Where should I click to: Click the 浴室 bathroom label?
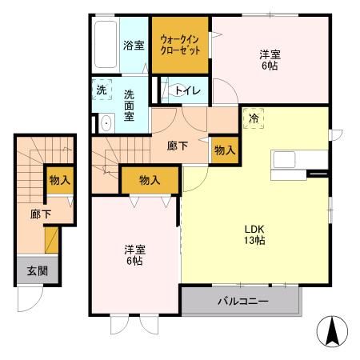pyautogui.click(x=133, y=45)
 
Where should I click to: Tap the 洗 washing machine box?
pyautogui.click(x=101, y=90)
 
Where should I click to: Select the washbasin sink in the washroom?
pyautogui.click(x=103, y=122)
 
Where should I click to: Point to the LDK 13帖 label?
pyautogui.click(x=254, y=234)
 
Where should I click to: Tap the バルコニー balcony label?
pyautogui.click(x=242, y=302)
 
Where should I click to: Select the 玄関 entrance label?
pyautogui.click(x=32, y=270)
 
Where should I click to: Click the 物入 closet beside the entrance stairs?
pyautogui.click(x=59, y=181)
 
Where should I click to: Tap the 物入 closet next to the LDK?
pyautogui.click(x=225, y=150)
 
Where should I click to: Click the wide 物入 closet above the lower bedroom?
pyautogui.click(x=149, y=181)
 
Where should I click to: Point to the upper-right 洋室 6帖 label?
pyautogui.click(x=270, y=60)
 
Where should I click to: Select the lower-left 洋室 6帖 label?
pyautogui.click(x=134, y=254)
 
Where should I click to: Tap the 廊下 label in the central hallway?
pyautogui.click(x=178, y=146)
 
